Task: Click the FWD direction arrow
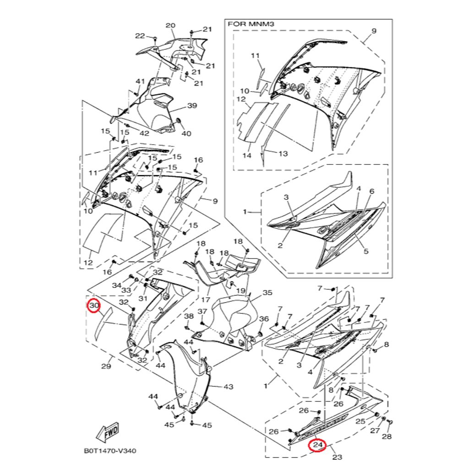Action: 108,433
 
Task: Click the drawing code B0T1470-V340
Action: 110,451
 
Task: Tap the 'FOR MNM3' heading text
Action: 251,24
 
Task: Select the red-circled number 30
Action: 94,305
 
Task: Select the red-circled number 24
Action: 318,445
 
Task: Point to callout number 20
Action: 170,26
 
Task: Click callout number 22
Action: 140,36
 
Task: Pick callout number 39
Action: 192,106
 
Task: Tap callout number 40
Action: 186,133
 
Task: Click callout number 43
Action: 228,387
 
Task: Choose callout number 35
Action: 267,293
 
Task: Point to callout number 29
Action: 106,366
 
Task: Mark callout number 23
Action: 337,457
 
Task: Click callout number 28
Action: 387,436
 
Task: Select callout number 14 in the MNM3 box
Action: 247,156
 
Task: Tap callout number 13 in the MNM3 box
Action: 283,154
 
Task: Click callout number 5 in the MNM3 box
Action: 366,251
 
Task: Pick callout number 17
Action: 206,299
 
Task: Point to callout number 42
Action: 144,133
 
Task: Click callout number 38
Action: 188,316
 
